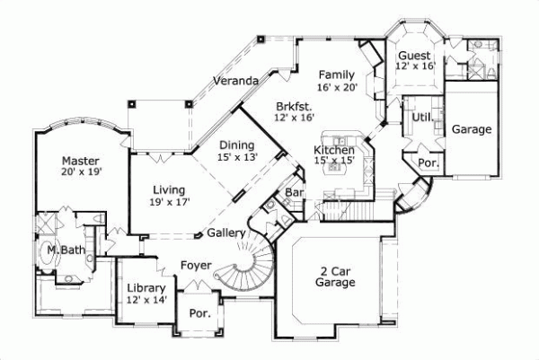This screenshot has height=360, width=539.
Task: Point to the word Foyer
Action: click(196, 265)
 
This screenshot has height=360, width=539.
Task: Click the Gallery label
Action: click(226, 233)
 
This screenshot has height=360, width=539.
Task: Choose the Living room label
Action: click(168, 190)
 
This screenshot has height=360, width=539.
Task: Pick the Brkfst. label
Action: click(295, 105)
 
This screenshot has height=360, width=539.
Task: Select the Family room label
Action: click(338, 75)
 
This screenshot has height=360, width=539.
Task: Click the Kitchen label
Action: click(333, 149)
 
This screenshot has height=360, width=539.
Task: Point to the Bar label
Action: click(292, 193)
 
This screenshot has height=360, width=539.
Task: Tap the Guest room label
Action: click(415, 56)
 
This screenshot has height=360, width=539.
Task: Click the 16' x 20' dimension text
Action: click(338, 87)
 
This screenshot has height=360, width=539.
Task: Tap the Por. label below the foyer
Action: click(199, 315)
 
